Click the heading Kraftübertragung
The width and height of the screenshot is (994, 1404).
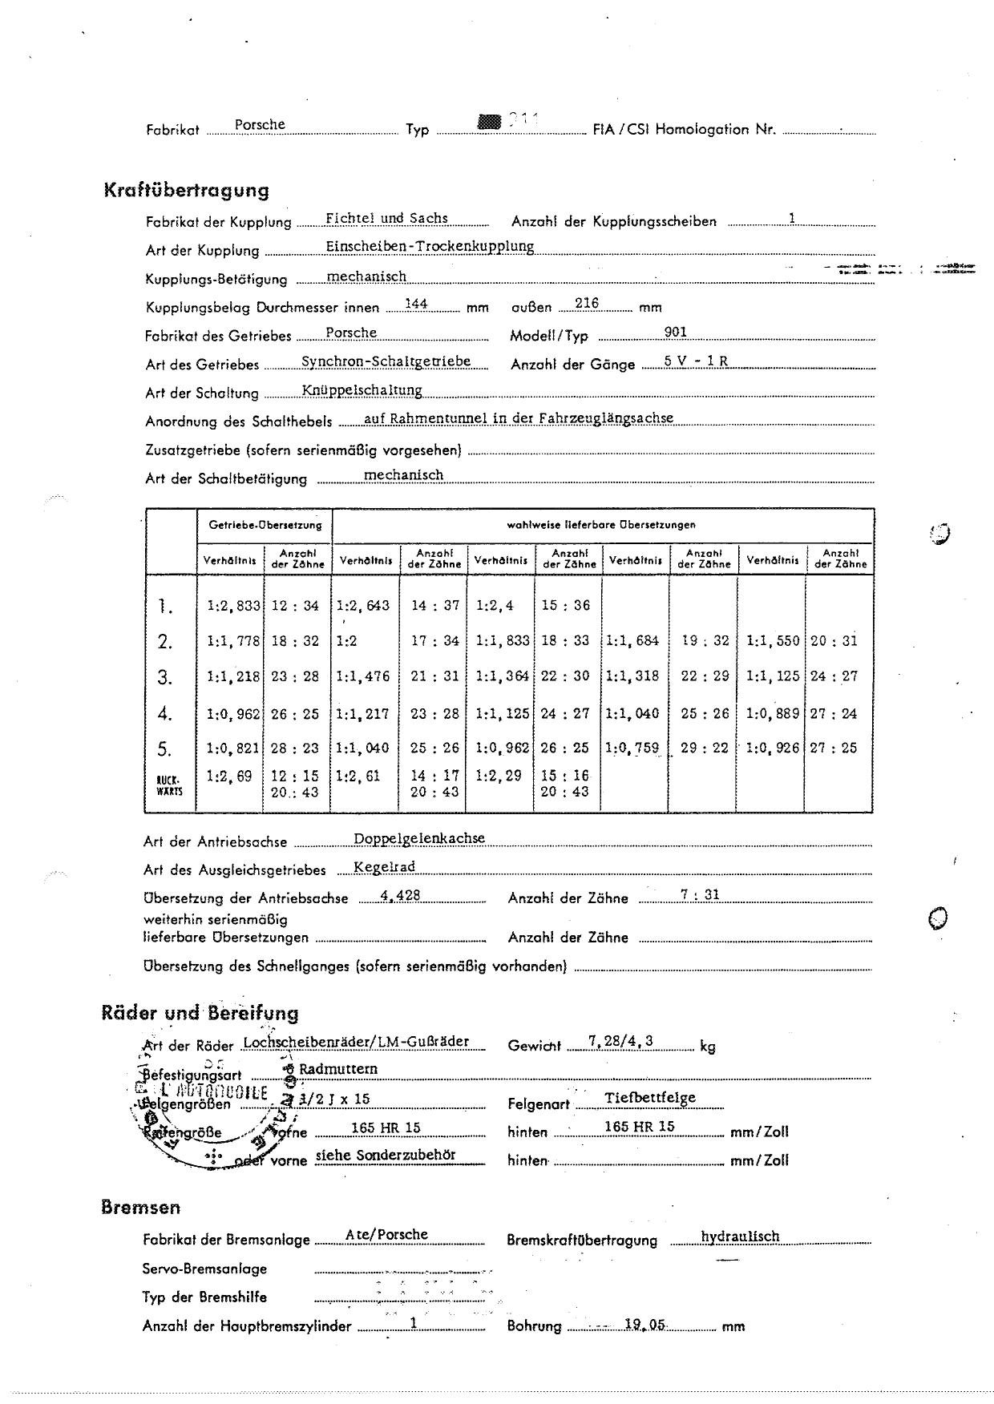(186, 191)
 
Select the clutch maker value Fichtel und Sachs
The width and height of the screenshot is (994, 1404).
(386, 218)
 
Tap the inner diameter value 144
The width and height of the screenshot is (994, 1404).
(416, 304)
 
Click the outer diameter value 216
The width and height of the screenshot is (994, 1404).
(587, 304)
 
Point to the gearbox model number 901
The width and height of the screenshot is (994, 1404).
(676, 333)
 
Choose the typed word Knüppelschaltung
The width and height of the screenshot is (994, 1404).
(362, 390)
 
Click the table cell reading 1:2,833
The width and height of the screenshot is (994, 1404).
(233, 606)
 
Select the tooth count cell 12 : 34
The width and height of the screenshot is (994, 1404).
(295, 606)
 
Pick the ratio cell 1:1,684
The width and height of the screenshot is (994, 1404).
(632, 640)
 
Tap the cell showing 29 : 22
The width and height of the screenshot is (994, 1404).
(705, 748)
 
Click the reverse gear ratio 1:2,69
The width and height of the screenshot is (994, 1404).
(228, 776)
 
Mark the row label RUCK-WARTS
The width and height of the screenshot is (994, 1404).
(169, 785)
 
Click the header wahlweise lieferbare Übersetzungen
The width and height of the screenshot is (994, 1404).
(601, 525)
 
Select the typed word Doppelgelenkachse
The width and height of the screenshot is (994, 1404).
(419, 838)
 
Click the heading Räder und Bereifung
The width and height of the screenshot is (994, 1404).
(200, 1013)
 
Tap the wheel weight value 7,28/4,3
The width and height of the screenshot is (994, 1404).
(620, 1041)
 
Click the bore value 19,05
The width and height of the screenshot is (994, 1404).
(645, 1325)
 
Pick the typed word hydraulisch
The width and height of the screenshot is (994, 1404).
(740, 1237)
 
